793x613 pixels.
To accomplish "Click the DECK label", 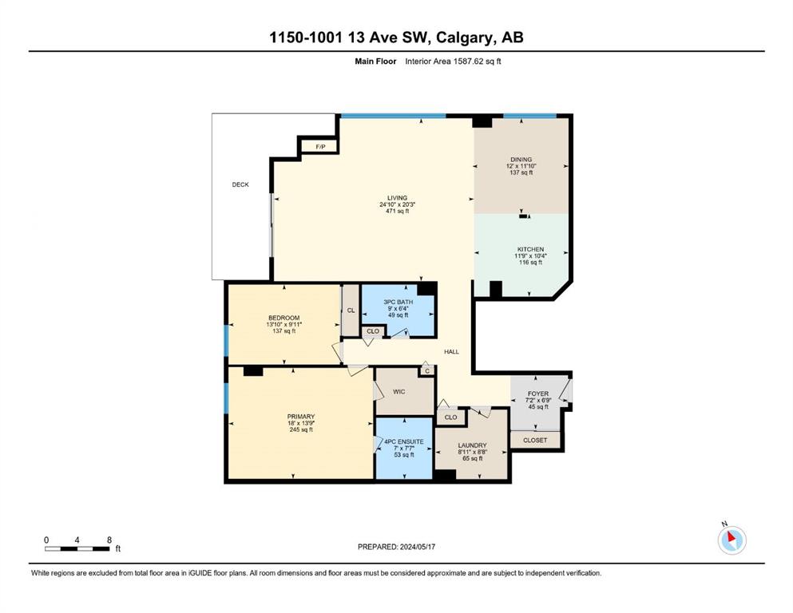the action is tap(240, 184).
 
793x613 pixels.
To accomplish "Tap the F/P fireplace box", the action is tap(320, 147).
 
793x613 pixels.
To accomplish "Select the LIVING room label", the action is tap(398, 198).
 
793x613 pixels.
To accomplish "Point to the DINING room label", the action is tap(521, 159).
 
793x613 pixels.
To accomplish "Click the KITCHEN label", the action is tap(530, 249).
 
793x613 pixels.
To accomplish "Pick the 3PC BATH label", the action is tap(398, 302).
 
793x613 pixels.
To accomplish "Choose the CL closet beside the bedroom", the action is tap(351, 310).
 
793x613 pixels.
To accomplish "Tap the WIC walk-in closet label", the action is tap(399, 392).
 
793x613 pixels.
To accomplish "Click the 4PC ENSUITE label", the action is tap(404, 441).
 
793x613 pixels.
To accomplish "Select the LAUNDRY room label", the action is tap(472, 445).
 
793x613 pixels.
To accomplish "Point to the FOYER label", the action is tap(538, 394).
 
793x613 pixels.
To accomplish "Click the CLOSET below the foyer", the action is tap(535, 440).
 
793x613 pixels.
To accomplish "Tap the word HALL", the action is tap(452, 352).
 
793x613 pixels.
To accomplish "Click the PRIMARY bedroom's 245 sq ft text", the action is tap(301, 429).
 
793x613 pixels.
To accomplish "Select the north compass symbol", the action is tap(732, 540).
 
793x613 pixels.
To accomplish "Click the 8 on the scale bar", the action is tap(109, 540).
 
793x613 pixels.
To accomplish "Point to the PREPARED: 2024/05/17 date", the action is tap(396, 547).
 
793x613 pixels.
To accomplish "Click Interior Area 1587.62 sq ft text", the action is tap(453, 61).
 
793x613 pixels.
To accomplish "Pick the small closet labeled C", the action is tap(427, 371).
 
